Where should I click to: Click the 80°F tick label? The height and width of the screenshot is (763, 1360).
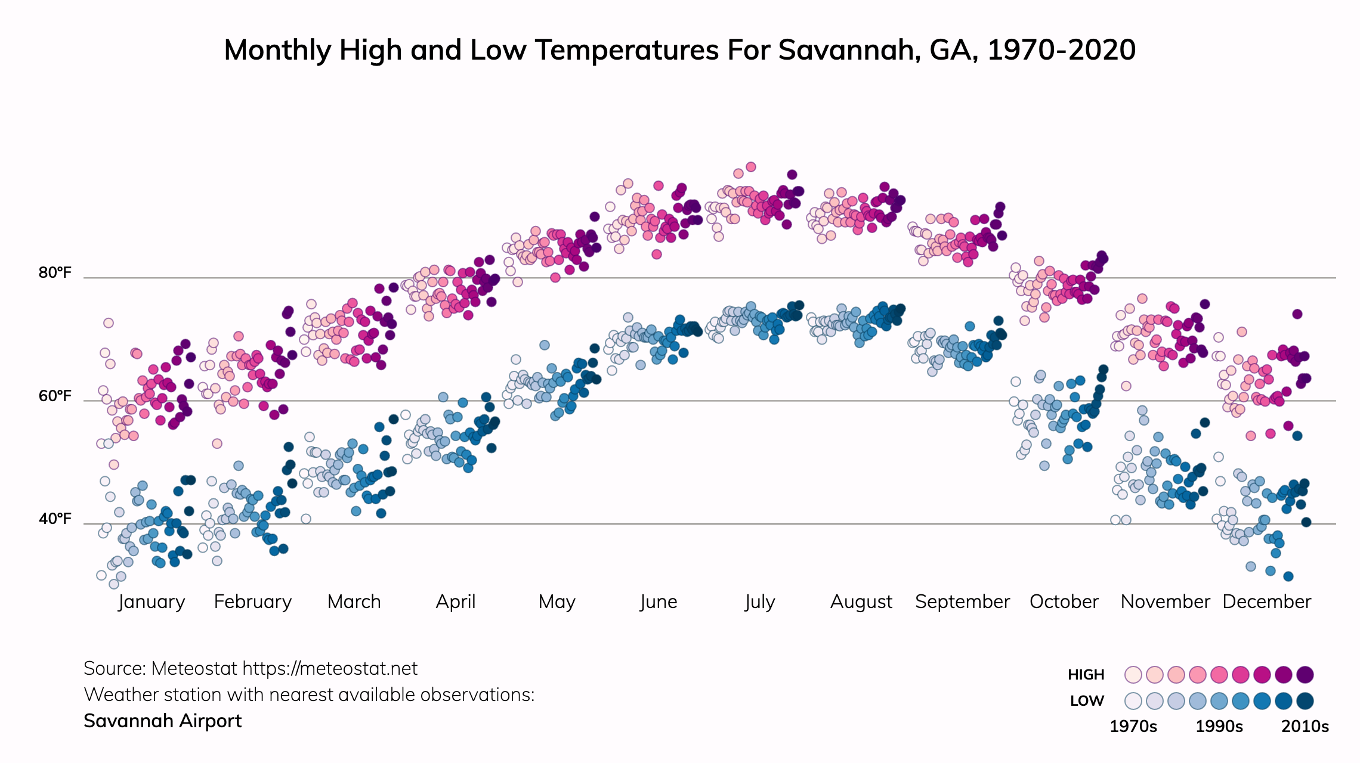click(x=55, y=273)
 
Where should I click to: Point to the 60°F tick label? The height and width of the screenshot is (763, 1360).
click(x=55, y=396)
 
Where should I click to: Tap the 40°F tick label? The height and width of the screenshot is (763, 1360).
click(x=55, y=519)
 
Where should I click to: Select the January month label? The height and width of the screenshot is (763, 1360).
click(x=152, y=602)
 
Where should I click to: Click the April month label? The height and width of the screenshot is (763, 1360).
click(x=456, y=602)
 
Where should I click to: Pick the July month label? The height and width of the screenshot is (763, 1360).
click(x=759, y=602)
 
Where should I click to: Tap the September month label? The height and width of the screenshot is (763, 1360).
click(x=962, y=602)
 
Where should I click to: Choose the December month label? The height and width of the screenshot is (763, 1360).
click(x=1266, y=602)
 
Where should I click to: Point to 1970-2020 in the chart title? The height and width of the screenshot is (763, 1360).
click(x=1061, y=50)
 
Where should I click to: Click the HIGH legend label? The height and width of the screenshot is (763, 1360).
click(x=1086, y=675)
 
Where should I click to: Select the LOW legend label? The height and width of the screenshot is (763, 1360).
click(x=1087, y=701)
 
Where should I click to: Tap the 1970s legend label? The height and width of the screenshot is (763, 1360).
click(x=1133, y=727)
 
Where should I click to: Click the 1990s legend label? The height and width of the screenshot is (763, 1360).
click(x=1219, y=727)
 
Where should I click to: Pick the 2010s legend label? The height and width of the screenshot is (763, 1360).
click(x=1305, y=727)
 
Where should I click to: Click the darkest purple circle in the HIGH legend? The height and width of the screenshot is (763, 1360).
click(x=1305, y=675)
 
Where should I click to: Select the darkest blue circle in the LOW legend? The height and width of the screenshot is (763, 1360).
click(x=1305, y=701)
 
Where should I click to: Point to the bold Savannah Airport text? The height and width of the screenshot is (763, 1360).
click(x=162, y=721)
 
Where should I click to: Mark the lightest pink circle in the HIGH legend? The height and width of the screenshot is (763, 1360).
click(x=1133, y=675)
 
